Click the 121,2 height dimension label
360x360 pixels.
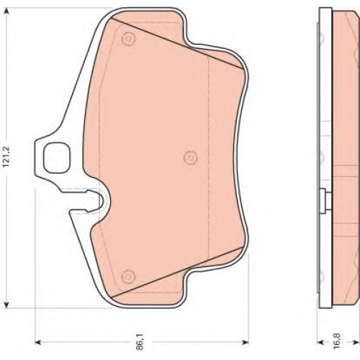7,157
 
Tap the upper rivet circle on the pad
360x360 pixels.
129,38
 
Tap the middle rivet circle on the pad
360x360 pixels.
191,158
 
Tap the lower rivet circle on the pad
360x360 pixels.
129,276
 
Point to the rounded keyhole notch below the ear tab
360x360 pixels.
102,201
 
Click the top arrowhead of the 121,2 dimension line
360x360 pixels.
7,12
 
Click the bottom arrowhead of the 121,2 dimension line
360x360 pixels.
7,304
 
